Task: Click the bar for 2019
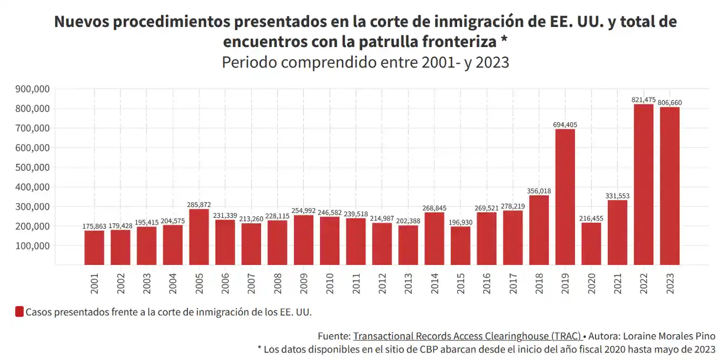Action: (565, 197)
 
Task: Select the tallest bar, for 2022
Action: (643, 184)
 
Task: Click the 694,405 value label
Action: (565, 125)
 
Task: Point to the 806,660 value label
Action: (670, 103)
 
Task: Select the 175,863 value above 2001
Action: (95, 226)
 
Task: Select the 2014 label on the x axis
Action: (434, 284)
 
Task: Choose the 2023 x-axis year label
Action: (670, 284)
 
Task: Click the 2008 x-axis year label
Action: (278, 284)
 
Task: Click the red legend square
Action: (19, 312)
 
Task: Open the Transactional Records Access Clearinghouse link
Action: (467, 336)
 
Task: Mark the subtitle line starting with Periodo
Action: (365, 62)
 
